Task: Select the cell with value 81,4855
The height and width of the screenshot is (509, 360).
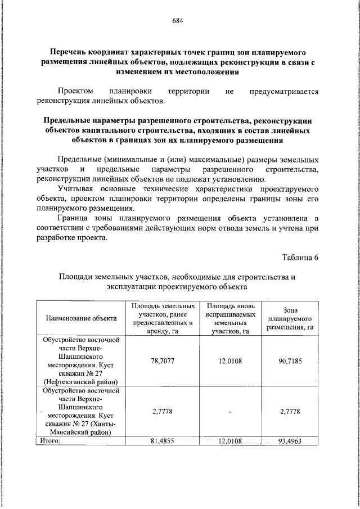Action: pyautogui.click(x=160, y=441)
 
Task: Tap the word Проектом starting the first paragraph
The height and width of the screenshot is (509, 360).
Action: pyautogui.click(x=77, y=91)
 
